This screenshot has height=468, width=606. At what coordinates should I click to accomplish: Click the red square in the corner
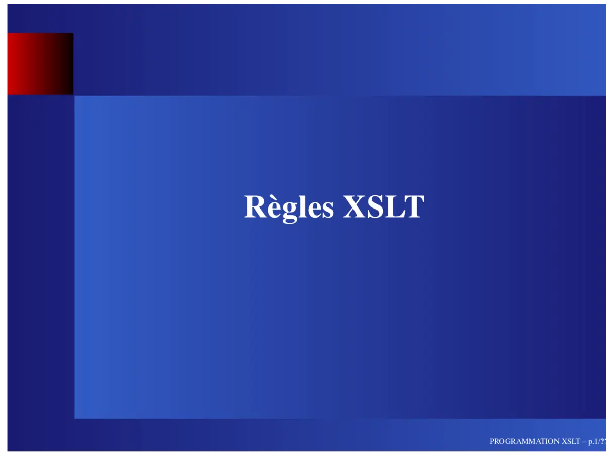pyautogui.click(x=40, y=64)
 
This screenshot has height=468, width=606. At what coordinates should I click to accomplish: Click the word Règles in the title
pyautogui.click(x=289, y=207)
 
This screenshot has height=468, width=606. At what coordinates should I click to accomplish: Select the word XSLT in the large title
pyautogui.click(x=383, y=207)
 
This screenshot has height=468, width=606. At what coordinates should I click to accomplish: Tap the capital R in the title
pyautogui.click(x=255, y=207)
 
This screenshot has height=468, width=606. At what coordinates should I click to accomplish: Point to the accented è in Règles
pyautogui.click(x=271, y=209)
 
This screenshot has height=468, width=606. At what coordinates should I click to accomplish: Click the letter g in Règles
pyautogui.click(x=286, y=211)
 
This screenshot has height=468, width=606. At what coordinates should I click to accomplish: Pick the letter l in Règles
pyautogui.click(x=298, y=206)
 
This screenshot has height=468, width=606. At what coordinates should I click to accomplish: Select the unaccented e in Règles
pyautogui.click(x=310, y=210)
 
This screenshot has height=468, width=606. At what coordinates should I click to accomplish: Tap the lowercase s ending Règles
pyautogui.click(x=326, y=210)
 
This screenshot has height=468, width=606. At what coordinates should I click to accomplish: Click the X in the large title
pyautogui.click(x=353, y=207)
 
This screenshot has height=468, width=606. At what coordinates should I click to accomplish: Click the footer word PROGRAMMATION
pyautogui.click(x=524, y=441)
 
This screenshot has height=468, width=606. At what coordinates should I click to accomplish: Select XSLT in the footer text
pyautogui.click(x=571, y=441)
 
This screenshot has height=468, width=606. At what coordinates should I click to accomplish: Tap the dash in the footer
pyautogui.click(x=584, y=442)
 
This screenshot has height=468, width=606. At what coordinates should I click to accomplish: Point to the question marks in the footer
pyautogui.click(x=602, y=441)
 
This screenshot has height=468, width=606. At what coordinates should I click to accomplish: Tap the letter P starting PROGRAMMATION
pyautogui.click(x=492, y=441)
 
